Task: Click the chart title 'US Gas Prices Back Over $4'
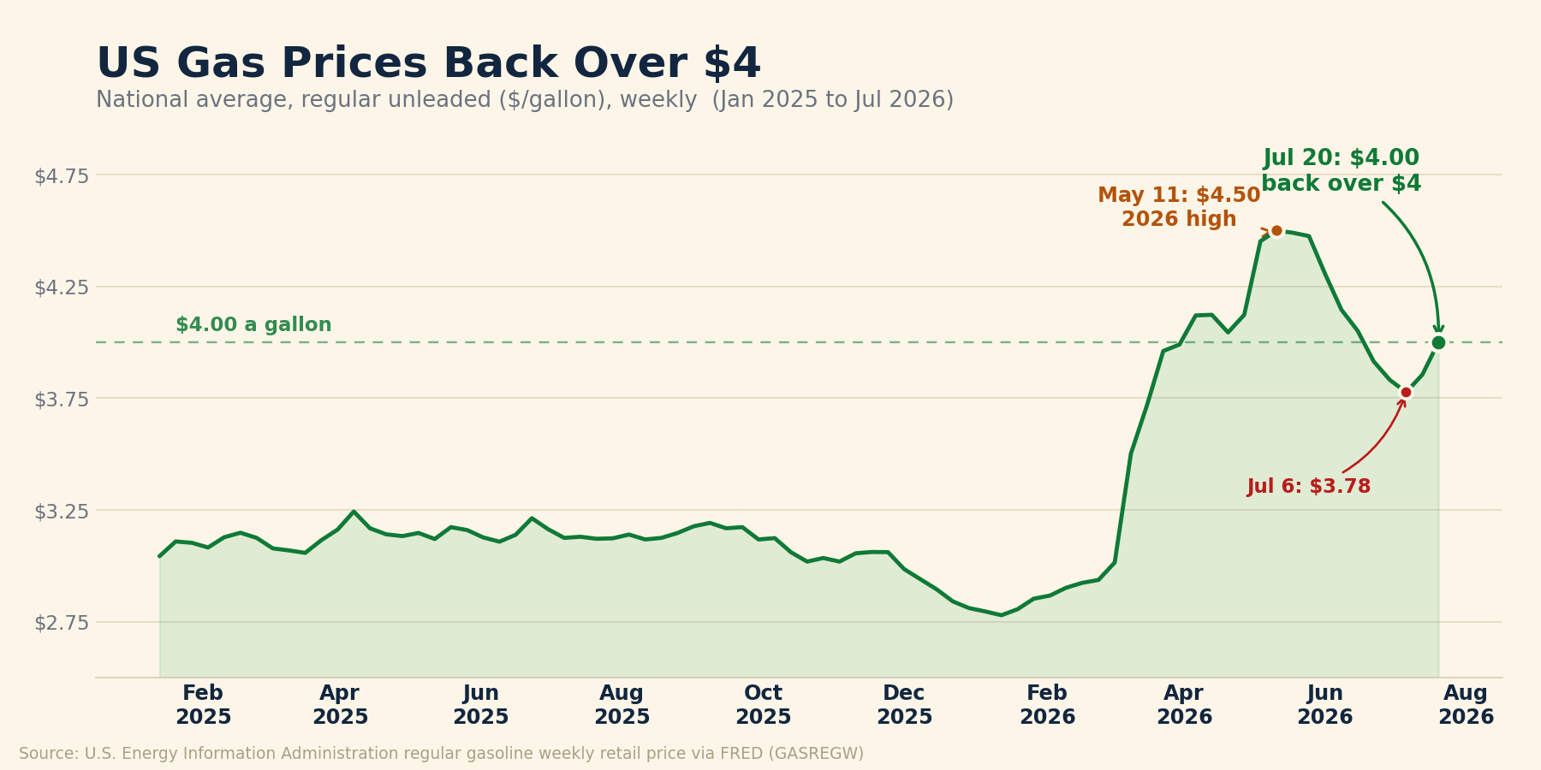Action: point(428,64)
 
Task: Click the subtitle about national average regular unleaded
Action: point(525,101)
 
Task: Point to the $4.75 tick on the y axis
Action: point(62,176)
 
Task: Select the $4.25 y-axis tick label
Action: point(62,287)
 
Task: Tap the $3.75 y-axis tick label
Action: point(62,399)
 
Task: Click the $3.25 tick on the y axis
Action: point(62,511)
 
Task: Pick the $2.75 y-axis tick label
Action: point(62,623)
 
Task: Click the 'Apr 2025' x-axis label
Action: point(340,706)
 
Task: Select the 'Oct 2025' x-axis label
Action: point(764,706)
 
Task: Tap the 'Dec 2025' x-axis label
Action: point(904,706)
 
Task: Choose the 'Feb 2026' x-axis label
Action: point(1047,706)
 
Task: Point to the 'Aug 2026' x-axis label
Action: point(1466,706)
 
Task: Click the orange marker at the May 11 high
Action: point(1276,230)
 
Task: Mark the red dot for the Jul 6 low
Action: point(1406,392)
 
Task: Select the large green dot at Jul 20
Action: point(1438,342)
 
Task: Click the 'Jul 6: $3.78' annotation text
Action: point(1309,487)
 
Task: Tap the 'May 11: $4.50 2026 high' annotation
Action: point(1179,208)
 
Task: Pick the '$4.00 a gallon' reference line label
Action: point(253,325)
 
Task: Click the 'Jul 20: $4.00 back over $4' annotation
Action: point(1342,171)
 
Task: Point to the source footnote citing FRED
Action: point(441,754)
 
